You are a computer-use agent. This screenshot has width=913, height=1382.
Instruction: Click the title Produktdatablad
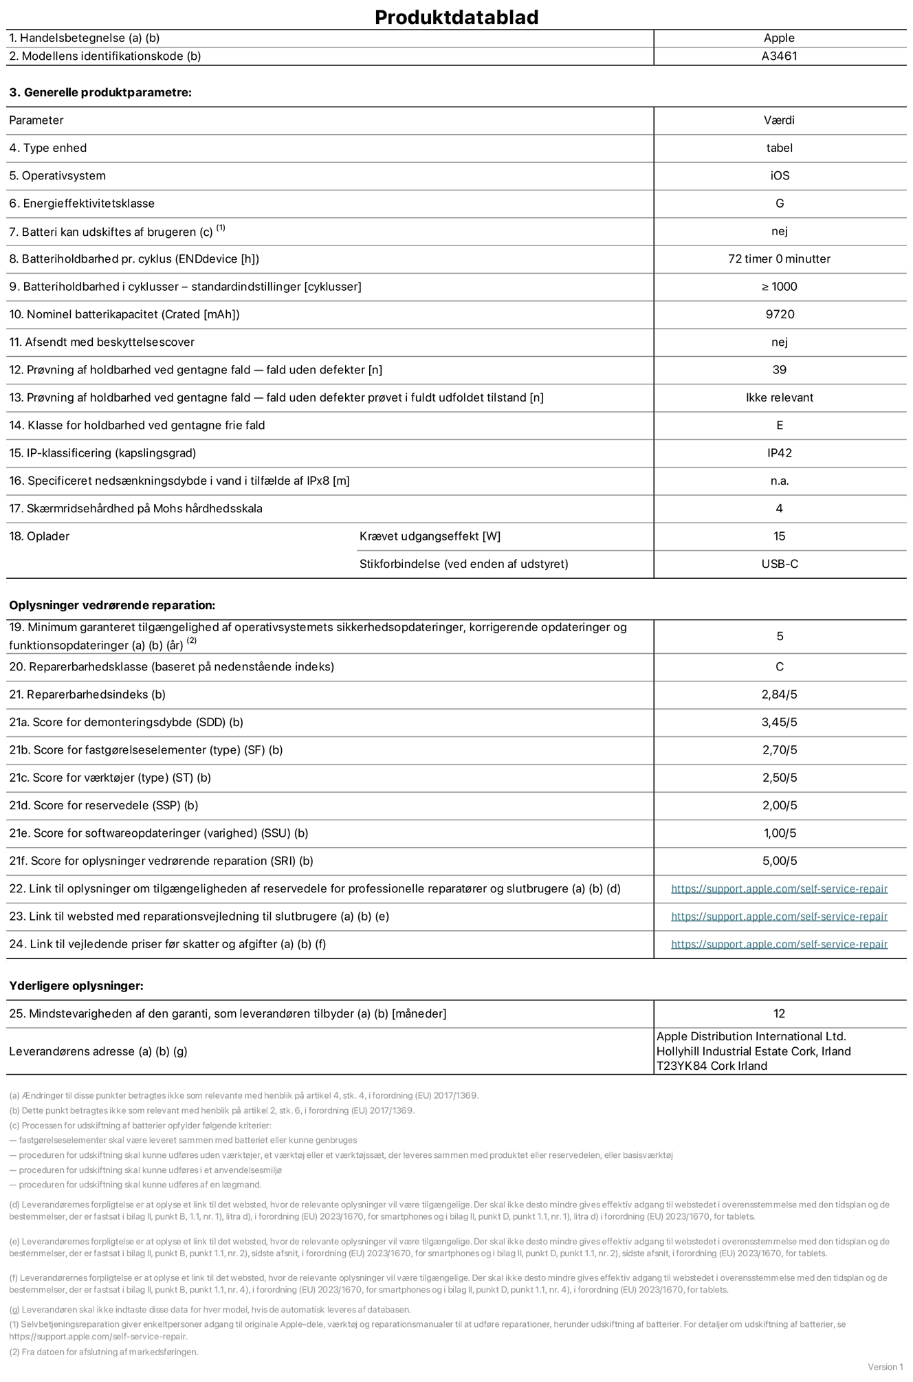point(456,17)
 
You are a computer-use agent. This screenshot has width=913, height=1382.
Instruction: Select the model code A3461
point(779,56)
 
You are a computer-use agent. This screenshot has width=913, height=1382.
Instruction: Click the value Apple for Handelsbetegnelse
point(779,39)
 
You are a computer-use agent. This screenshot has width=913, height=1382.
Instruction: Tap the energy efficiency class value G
point(779,204)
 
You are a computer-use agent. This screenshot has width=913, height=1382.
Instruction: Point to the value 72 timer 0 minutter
point(779,259)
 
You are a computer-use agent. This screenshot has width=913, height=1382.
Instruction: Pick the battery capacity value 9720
point(779,314)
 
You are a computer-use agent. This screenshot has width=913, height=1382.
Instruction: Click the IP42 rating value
point(779,453)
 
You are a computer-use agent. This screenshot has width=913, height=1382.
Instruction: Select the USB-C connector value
point(779,564)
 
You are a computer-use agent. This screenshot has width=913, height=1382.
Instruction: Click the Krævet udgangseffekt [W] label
point(430,536)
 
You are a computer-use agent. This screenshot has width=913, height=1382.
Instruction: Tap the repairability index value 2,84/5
point(779,694)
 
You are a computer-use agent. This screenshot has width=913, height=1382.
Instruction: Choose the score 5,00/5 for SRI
point(779,861)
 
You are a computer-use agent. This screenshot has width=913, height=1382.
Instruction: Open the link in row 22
point(779,889)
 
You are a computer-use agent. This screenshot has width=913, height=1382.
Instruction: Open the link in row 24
point(779,944)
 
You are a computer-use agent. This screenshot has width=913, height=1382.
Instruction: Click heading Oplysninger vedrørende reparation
point(112,605)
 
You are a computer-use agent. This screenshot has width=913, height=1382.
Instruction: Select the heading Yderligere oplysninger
point(76,986)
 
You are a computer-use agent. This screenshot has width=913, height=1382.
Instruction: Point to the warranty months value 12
point(779,1013)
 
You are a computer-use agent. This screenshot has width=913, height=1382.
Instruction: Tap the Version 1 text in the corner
point(885,1366)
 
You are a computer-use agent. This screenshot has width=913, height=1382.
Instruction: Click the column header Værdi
point(779,120)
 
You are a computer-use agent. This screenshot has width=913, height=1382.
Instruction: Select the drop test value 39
point(779,370)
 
